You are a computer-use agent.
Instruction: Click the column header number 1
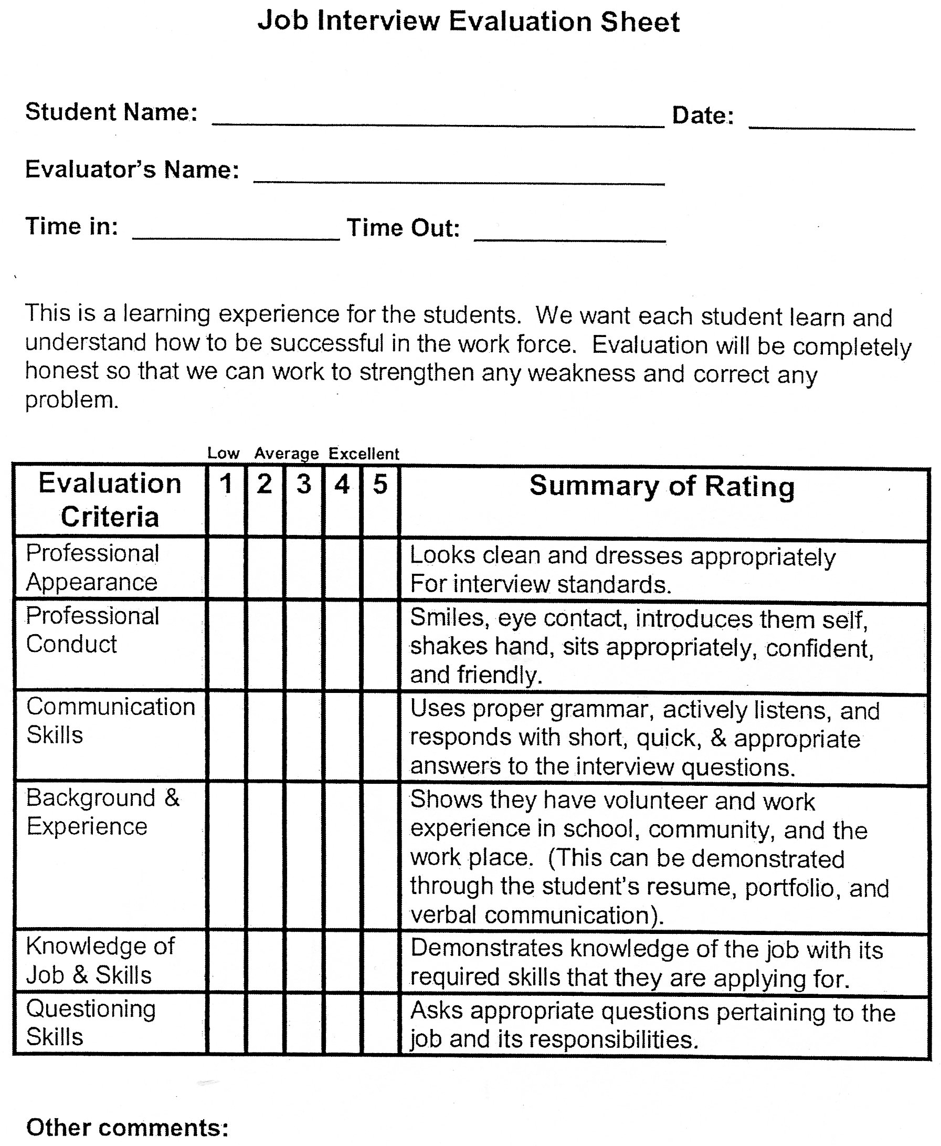[x=226, y=483]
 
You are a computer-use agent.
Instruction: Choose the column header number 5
[x=380, y=484]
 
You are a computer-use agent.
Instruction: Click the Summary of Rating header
[x=662, y=486]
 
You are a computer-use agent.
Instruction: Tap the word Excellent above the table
[x=364, y=453]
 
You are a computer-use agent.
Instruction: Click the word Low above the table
[x=224, y=453]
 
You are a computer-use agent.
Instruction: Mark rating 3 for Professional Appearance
[x=303, y=568]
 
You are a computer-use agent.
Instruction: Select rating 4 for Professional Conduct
[x=342, y=645]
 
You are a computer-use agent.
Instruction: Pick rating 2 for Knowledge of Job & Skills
[x=265, y=962]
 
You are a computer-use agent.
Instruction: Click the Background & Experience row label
[x=102, y=812]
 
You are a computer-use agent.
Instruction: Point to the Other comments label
[x=128, y=1128]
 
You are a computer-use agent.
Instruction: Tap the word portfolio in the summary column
[x=791, y=888]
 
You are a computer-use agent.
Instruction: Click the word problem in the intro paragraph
[x=71, y=400]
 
